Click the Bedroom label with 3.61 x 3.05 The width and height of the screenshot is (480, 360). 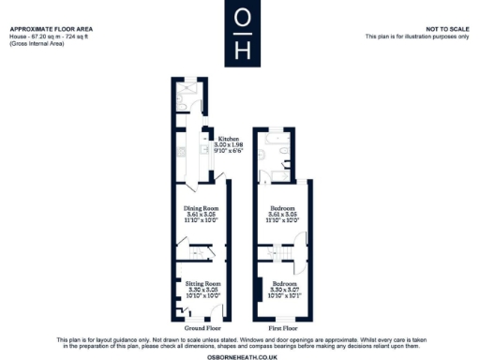[282, 207]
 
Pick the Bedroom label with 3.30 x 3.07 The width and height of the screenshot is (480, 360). [282, 282]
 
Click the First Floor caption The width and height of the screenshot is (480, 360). [282, 329]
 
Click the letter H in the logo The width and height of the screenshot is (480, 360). [241, 48]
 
